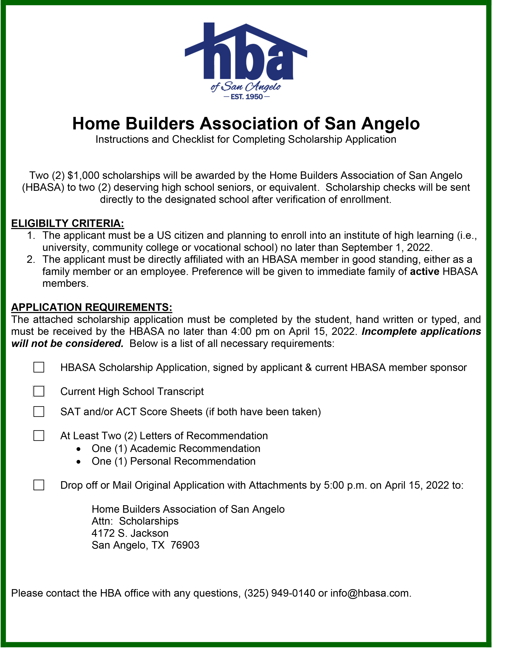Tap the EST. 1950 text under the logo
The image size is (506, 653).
point(247,97)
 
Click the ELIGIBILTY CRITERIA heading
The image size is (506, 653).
point(68,223)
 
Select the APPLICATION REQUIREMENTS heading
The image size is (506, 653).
point(91,307)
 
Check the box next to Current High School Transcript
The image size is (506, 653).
point(39,391)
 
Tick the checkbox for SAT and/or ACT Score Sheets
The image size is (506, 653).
point(39,412)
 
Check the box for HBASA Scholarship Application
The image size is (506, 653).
point(39,367)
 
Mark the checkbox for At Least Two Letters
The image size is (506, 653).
point(39,436)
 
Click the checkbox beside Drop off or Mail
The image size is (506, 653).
point(39,485)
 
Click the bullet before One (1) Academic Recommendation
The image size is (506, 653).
point(78,449)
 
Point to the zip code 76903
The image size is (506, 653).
point(185,545)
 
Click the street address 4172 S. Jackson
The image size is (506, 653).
point(130,533)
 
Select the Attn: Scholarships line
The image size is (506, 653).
point(135,521)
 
